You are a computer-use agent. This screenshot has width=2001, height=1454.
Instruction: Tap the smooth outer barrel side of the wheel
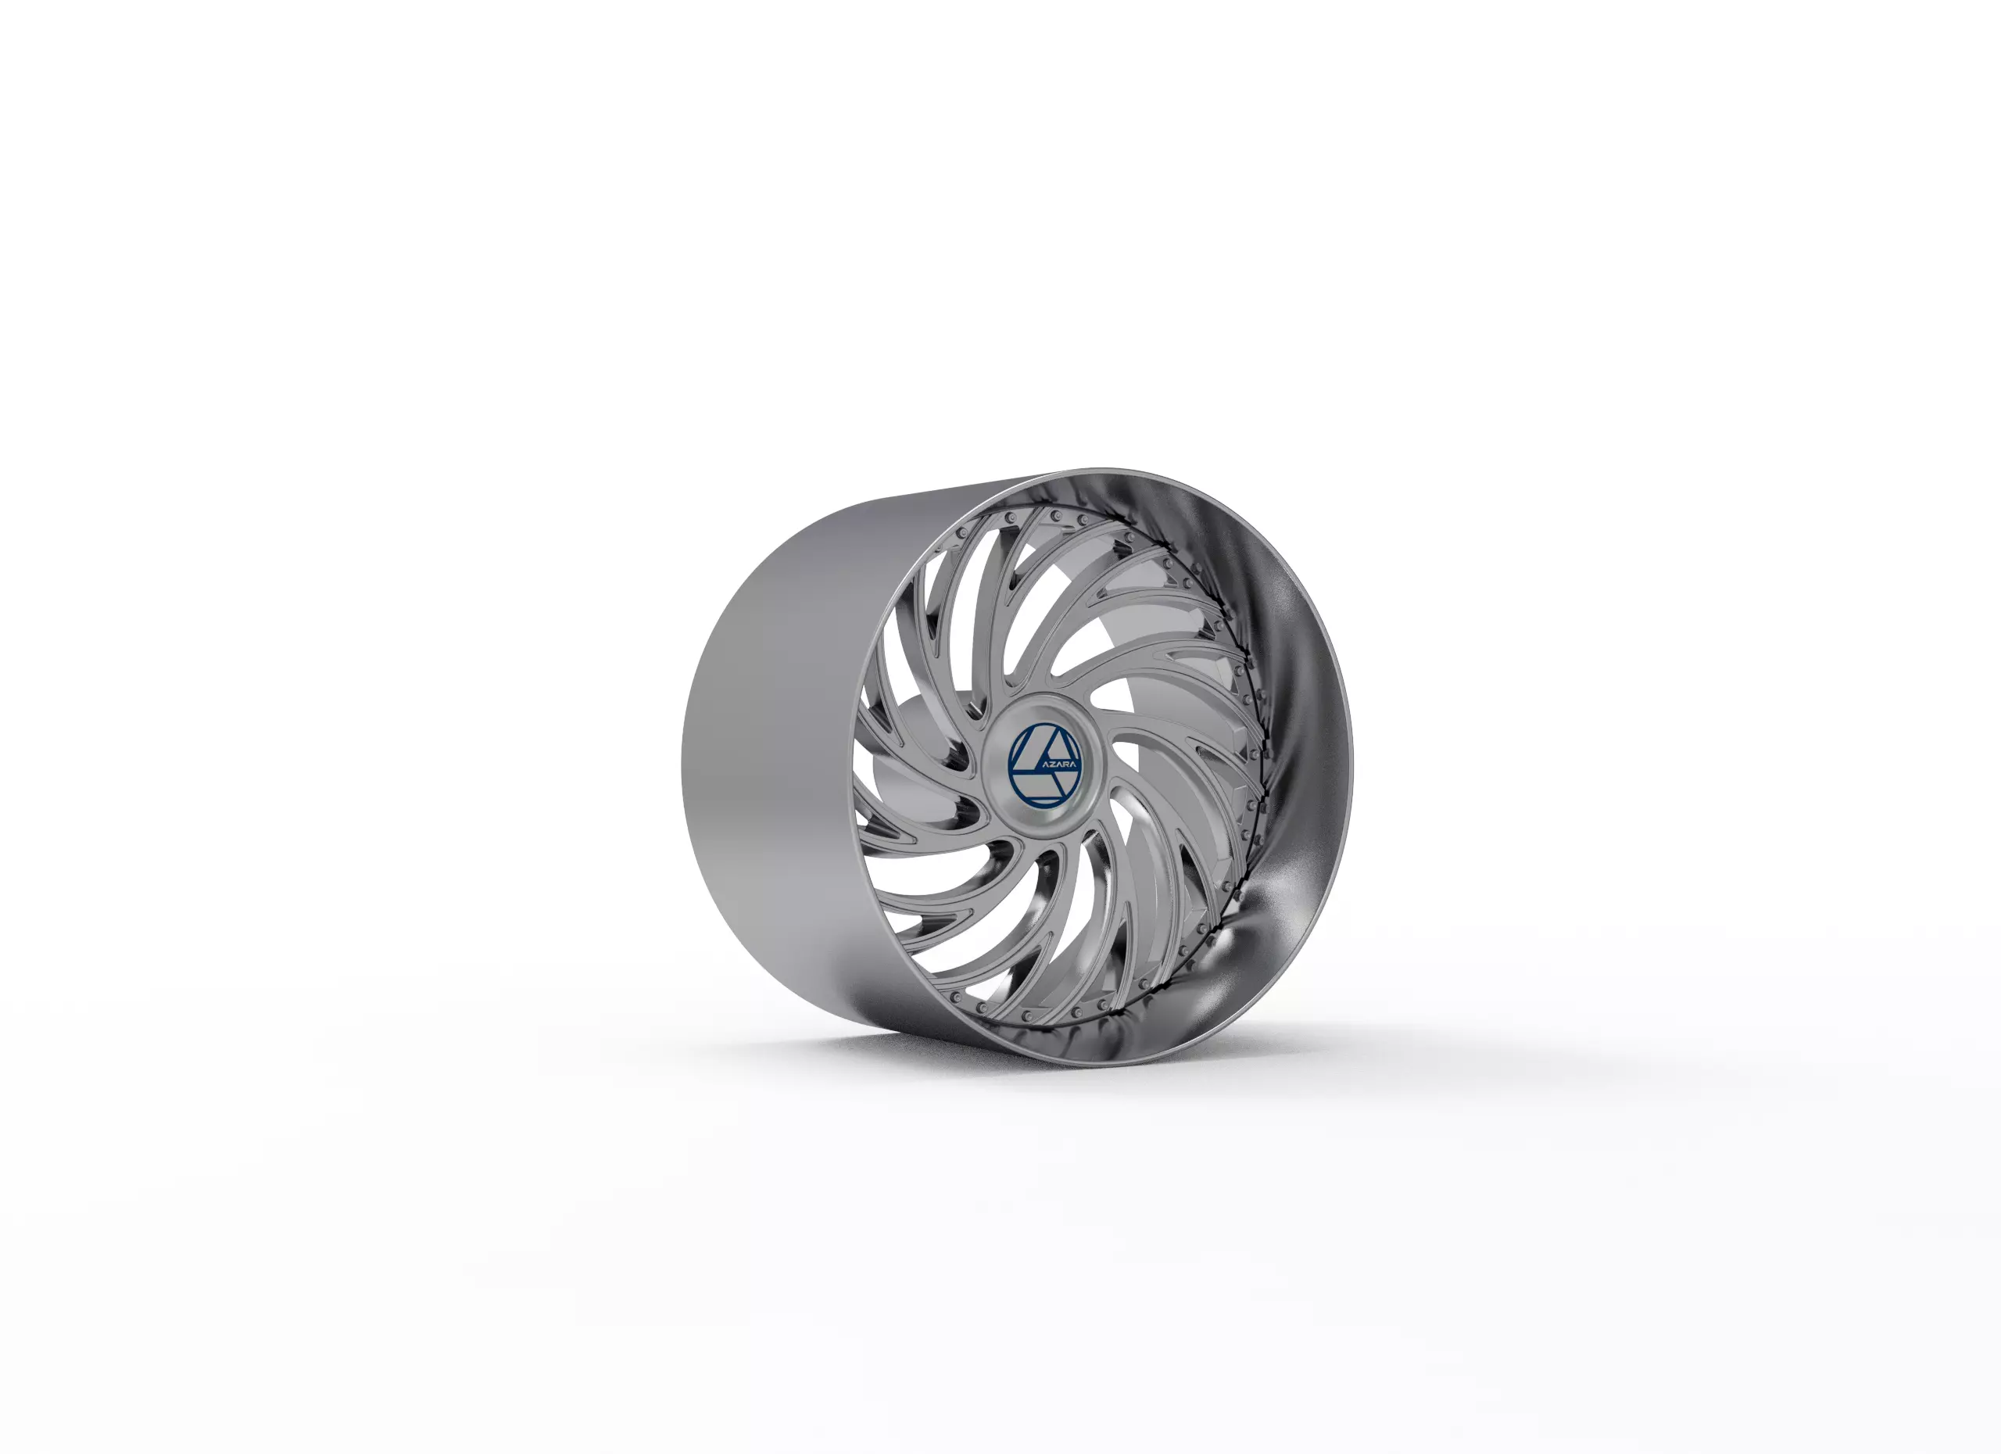tap(776, 750)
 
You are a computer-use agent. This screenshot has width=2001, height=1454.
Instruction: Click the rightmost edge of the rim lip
tap(1351, 768)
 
